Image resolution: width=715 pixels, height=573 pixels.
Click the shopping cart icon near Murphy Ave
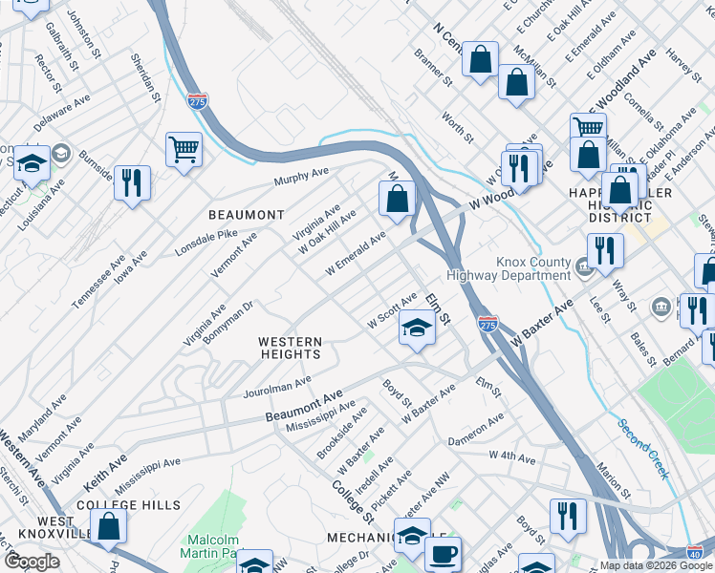pos(184,149)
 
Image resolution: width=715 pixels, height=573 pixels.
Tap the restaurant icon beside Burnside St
pos(132,181)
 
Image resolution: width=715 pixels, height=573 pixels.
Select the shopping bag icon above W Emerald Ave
pos(398,199)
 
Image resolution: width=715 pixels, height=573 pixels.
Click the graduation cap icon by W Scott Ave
pos(417,328)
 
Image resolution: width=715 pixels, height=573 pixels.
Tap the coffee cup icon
pos(442,554)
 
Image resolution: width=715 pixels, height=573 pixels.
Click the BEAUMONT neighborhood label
pos(247,215)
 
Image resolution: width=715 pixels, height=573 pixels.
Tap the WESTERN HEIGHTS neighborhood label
pos(291,348)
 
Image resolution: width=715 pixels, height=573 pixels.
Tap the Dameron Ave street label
pos(475,430)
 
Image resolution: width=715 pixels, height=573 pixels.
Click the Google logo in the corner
pos(32,562)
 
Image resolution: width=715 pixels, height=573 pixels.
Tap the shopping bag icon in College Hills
pos(110,525)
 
